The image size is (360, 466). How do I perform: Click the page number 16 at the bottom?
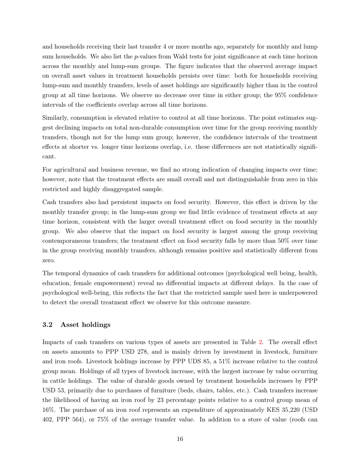click(x=180, y=439)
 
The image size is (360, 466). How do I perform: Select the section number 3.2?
click(x=47, y=325)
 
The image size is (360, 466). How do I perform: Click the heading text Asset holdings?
click(x=85, y=325)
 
